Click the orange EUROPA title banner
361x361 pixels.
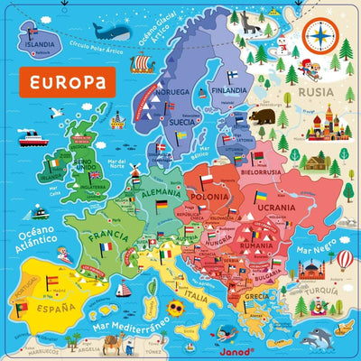click(65, 82)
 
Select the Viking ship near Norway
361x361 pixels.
click(143, 64)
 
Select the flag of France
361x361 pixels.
click(107, 245)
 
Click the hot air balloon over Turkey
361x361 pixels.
click(346, 260)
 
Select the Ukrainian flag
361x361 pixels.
click(260, 196)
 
